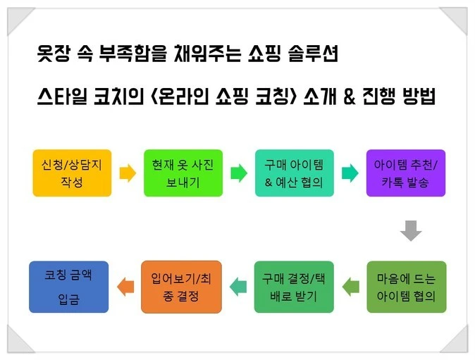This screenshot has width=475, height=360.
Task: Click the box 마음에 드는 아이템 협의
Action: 407,287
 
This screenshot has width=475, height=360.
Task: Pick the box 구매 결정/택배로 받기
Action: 294,287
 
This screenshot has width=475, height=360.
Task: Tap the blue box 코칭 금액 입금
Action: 69,287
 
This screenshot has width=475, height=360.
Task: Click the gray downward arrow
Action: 410,229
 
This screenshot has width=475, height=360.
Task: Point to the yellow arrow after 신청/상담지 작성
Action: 127,172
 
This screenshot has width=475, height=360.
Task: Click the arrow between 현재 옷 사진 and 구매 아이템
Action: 238,172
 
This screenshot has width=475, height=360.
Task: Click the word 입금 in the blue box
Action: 68,299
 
